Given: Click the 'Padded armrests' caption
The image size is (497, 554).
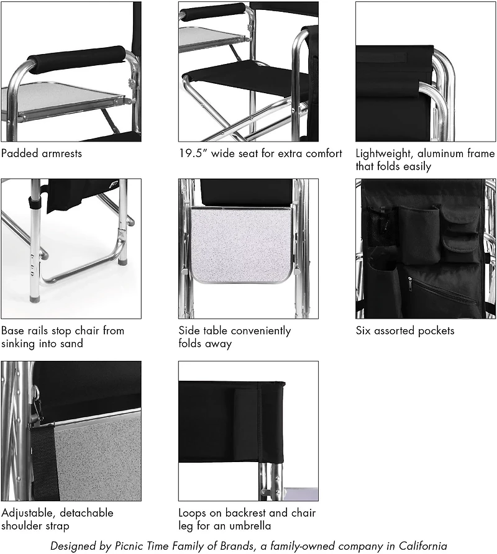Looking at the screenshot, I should coord(40,153).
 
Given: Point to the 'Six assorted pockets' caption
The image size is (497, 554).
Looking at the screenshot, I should coord(396,330).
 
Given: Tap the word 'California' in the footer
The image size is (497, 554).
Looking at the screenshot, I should coord(418,546).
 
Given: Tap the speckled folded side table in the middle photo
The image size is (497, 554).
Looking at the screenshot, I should coord(241,243).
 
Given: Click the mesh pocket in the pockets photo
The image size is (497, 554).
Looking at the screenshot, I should coord(377,227).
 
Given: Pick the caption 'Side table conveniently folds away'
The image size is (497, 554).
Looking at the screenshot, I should coord(234,337).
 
